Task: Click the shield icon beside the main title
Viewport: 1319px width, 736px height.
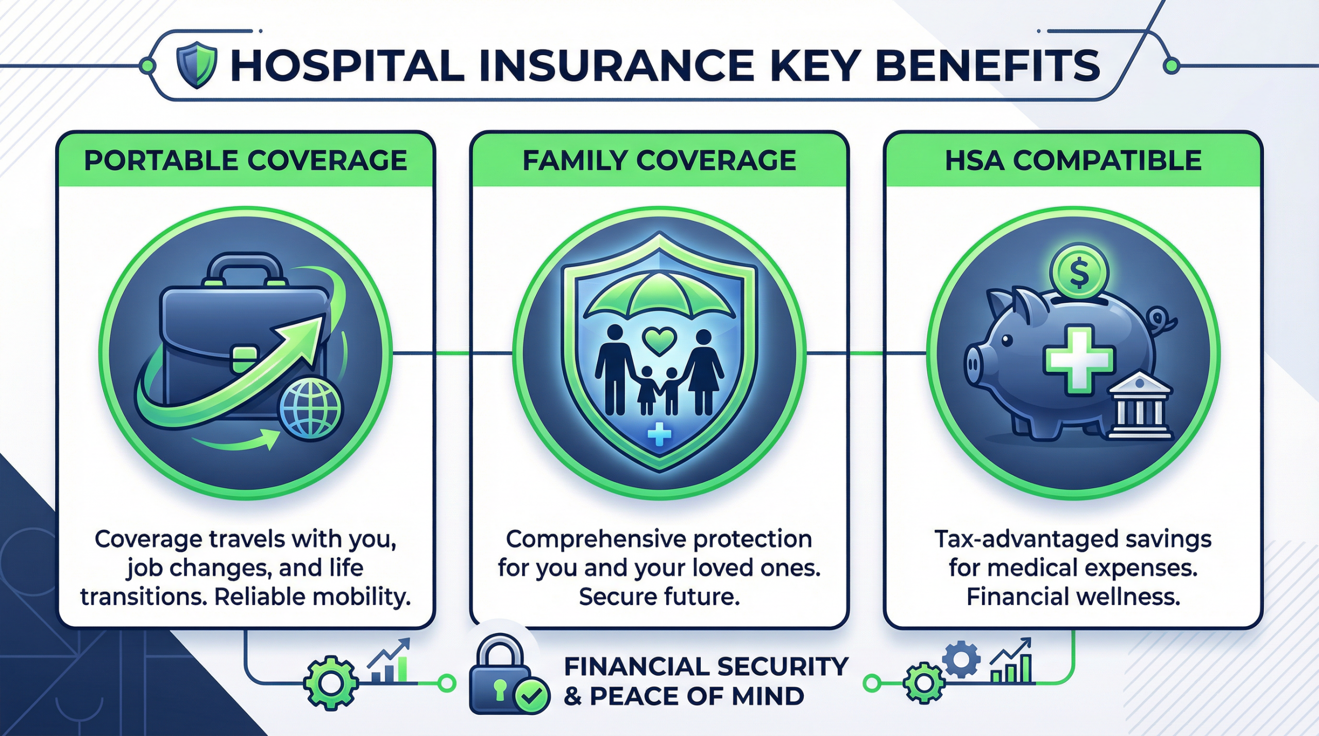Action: click(x=196, y=65)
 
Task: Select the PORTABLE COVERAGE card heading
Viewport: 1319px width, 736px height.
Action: click(x=245, y=160)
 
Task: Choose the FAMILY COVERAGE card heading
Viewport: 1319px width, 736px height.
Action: click(x=659, y=160)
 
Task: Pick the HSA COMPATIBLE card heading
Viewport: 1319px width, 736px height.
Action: click(x=1073, y=160)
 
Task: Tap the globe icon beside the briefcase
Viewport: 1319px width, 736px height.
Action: click(x=311, y=408)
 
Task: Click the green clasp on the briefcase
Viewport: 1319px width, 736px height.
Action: click(x=244, y=358)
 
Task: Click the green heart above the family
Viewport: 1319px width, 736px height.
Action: click(x=659, y=340)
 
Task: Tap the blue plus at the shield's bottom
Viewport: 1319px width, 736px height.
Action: click(x=659, y=434)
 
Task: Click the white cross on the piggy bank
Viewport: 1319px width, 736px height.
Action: click(x=1078, y=358)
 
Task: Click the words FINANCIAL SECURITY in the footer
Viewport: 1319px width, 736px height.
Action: click(x=706, y=666)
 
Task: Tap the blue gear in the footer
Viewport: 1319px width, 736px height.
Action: click(x=961, y=658)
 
